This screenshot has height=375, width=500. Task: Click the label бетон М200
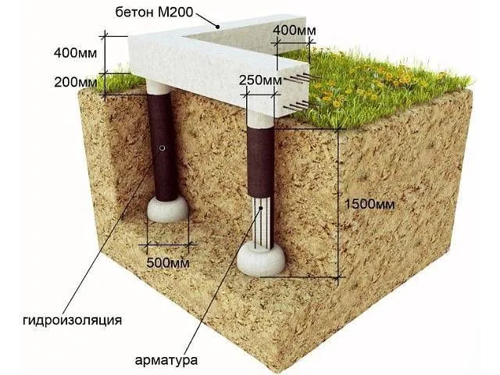[154, 12]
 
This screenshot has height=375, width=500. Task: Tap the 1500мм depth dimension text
[370, 204]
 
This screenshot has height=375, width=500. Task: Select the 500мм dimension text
[168, 262]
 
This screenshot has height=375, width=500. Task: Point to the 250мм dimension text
[260, 80]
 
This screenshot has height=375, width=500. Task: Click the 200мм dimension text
[76, 82]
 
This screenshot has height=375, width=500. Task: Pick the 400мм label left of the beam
[75, 53]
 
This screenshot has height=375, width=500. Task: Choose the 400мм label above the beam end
[295, 30]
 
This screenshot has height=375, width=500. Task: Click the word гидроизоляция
[73, 320]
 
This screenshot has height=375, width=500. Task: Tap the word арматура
[166, 361]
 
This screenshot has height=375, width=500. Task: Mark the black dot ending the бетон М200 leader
[218, 27]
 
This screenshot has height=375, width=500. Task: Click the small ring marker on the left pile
[162, 148]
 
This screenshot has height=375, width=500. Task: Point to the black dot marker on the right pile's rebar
[261, 208]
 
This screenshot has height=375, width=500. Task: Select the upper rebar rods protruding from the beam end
[302, 77]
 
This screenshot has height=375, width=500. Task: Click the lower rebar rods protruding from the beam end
[297, 106]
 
